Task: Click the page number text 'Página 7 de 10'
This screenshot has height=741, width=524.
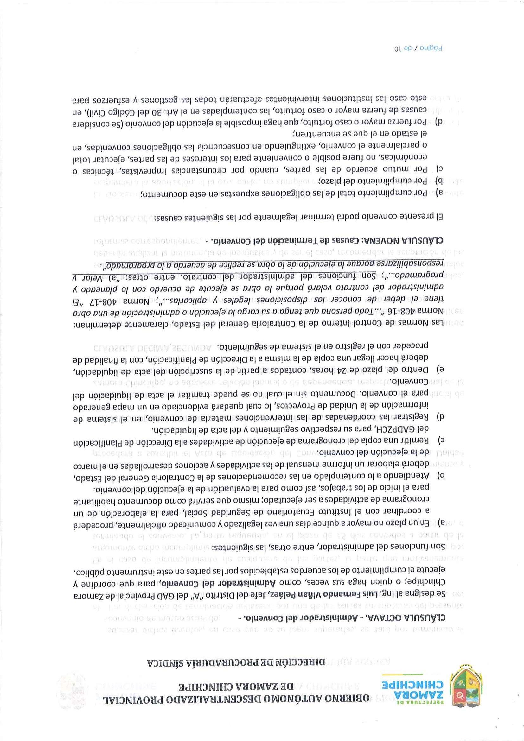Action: pyautogui.click(x=418, y=48)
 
